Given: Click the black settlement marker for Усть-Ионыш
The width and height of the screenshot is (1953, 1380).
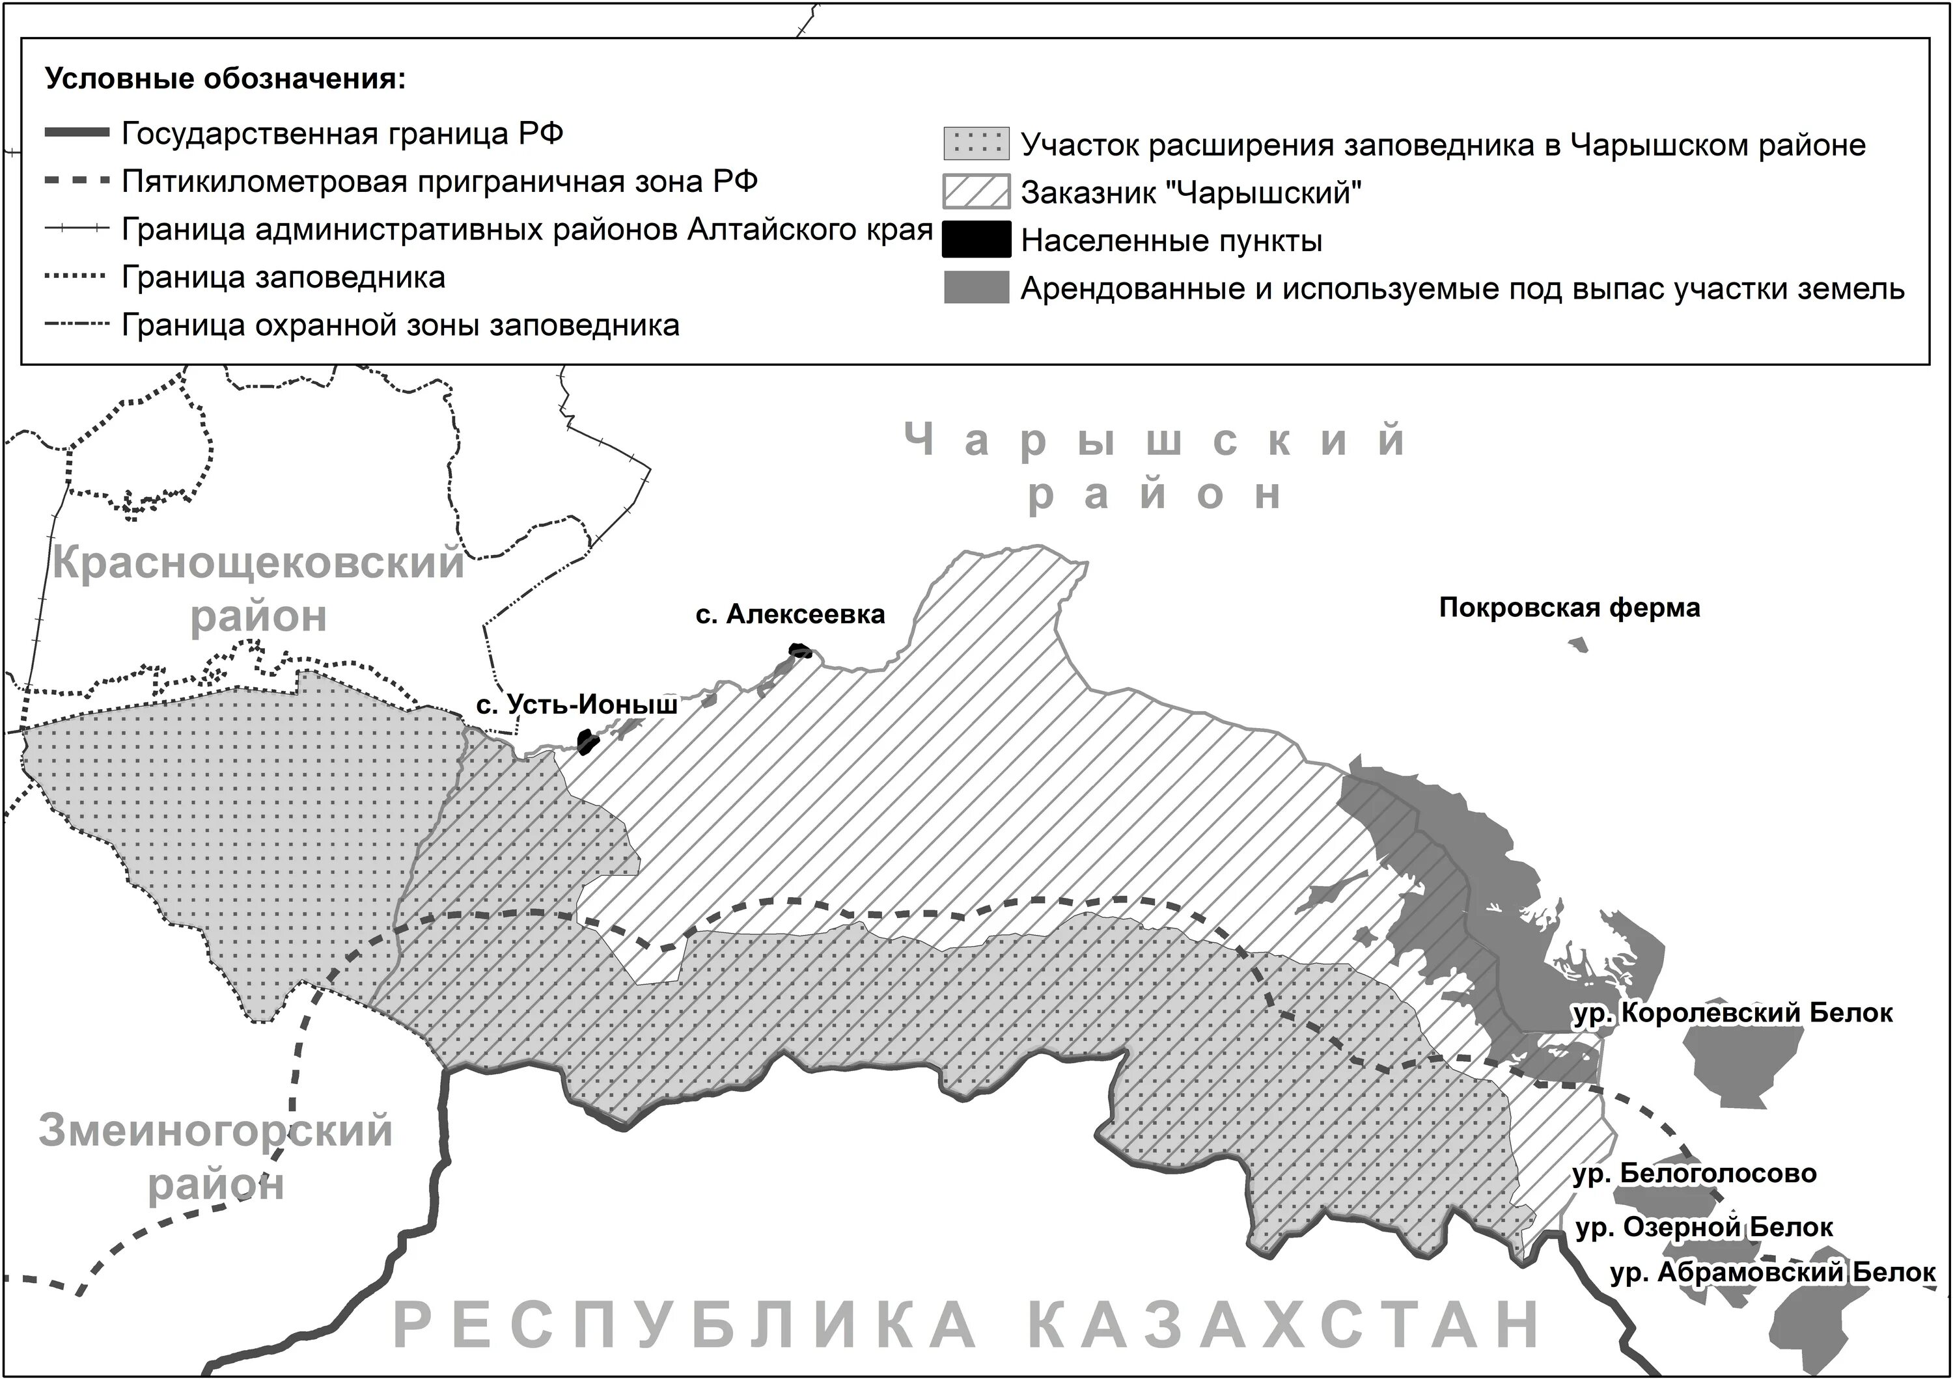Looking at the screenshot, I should click(587, 742).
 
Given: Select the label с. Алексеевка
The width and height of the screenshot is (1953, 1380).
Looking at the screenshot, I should click(790, 614).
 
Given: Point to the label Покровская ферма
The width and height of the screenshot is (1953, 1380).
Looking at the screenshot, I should click(1570, 608).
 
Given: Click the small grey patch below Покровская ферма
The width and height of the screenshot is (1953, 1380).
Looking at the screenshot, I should click(1579, 645).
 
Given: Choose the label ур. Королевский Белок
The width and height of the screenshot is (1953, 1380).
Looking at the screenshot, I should click(1733, 1012).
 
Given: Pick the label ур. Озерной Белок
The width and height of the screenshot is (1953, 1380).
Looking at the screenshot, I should click(1704, 1228).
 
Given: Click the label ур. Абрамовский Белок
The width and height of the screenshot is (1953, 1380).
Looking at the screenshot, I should click(1773, 1272).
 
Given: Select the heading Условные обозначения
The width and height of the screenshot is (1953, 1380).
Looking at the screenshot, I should click(225, 79).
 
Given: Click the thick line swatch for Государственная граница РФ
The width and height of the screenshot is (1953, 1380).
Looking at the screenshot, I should click(77, 133).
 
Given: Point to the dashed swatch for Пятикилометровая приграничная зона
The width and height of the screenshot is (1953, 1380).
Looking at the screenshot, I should click(77, 181).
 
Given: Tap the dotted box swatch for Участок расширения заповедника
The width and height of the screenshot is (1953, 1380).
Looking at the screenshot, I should click(976, 144).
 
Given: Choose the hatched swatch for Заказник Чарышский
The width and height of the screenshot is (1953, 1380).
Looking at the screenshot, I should click(976, 192).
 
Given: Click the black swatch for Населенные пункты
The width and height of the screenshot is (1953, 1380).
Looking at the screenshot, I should click(976, 240).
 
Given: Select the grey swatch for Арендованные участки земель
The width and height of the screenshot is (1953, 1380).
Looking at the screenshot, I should click(976, 288).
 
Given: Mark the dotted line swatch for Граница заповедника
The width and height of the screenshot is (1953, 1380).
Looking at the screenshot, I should click(77, 277).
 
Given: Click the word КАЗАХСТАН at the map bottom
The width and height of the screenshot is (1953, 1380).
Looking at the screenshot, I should click(1284, 1325).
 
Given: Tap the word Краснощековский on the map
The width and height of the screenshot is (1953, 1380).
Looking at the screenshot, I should click(258, 563).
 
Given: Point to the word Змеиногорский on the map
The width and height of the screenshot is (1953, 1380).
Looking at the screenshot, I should click(216, 1131).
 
